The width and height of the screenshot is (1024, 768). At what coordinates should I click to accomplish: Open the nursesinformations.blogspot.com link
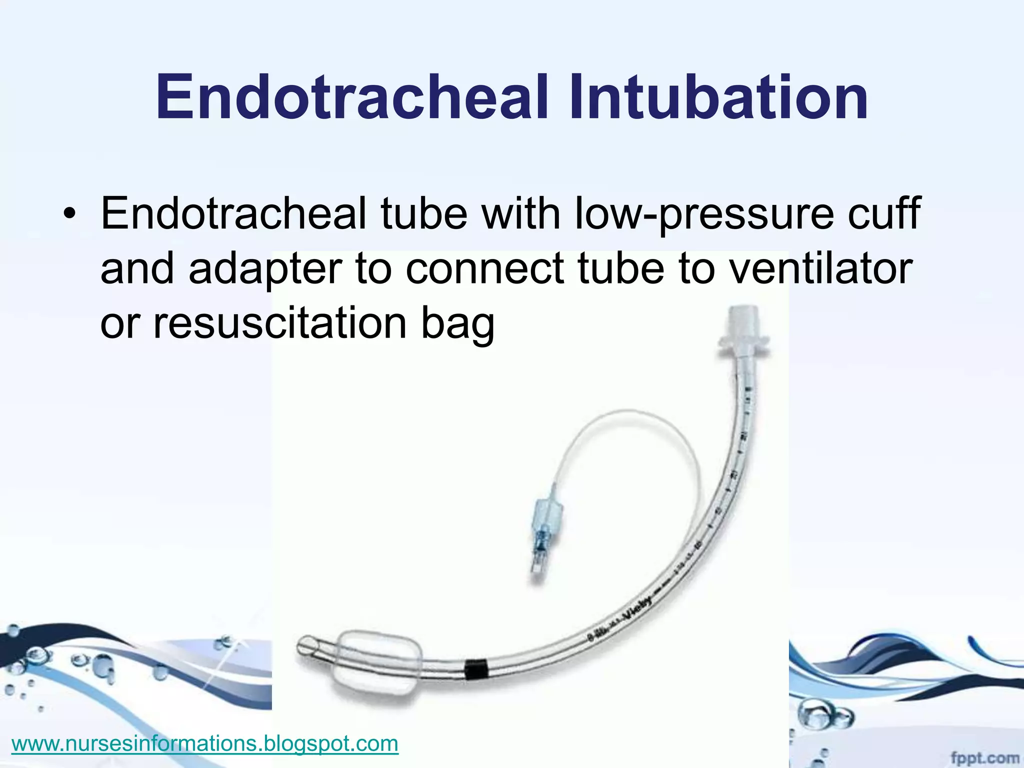204,743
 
